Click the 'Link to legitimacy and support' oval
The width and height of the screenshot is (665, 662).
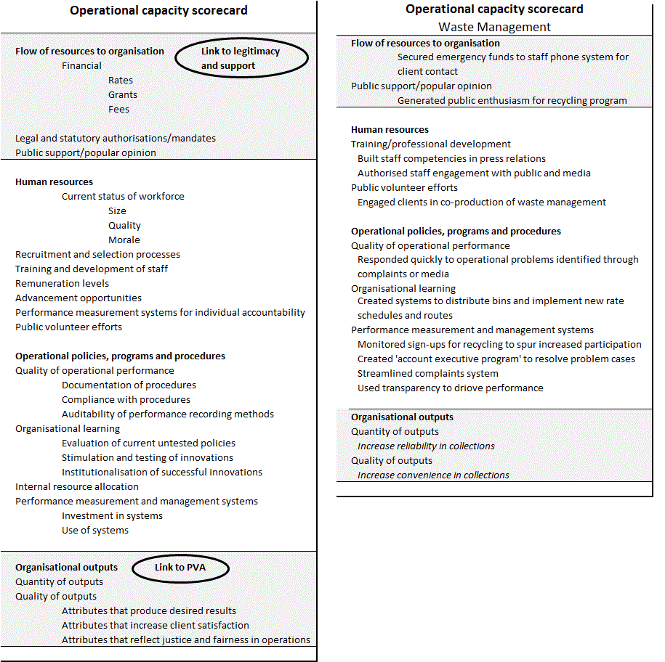(241, 58)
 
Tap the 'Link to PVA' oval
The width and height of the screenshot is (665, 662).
(180, 567)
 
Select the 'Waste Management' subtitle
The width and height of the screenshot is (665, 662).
(494, 27)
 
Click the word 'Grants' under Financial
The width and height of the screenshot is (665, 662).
(123, 94)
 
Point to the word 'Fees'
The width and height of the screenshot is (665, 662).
(118, 109)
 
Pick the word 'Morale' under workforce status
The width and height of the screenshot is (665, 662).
(124, 240)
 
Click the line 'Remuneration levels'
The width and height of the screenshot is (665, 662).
(63, 283)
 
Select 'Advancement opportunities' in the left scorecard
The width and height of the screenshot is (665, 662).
(78, 298)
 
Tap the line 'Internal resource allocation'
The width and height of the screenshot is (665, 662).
(77, 486)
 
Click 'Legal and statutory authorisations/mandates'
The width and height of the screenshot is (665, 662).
(116, 138)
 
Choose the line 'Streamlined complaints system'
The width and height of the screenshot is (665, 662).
(427, 373)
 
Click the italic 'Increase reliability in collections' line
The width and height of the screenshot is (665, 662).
(426, 446)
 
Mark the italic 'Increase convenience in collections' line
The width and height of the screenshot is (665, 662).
(433, 475)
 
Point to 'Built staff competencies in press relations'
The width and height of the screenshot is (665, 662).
(451, 158)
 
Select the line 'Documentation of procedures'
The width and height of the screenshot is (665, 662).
(129, 385)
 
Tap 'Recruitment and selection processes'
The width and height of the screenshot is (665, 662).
(97, 254)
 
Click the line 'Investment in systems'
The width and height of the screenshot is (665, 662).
(112, 515)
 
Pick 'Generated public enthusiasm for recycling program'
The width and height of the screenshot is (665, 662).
(512, 100)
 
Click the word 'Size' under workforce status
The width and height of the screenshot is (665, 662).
(117, 211)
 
